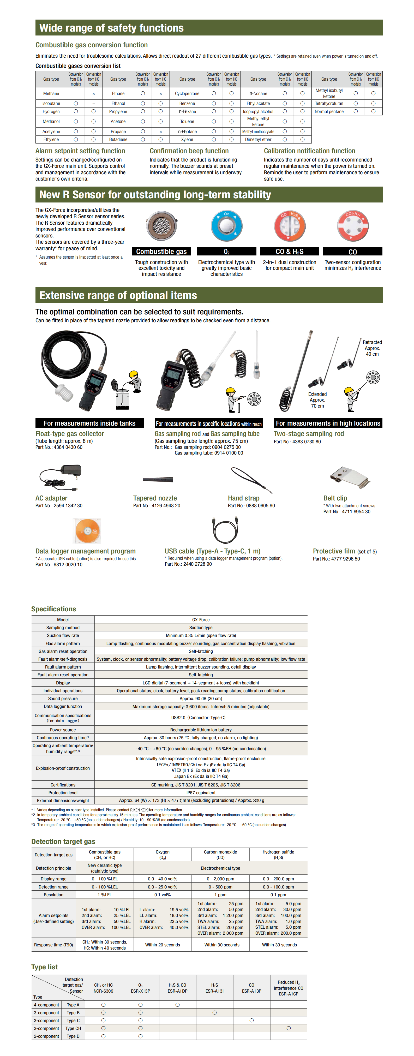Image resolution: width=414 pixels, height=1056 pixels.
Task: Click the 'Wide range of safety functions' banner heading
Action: [111, 28]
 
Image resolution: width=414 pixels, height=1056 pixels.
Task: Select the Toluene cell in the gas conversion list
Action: [187, 121]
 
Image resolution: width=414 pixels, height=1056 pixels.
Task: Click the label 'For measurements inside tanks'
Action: [89, 423]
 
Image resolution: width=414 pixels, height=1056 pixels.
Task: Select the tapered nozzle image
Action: [158, 480]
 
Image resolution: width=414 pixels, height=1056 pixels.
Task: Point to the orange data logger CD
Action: [87, 530]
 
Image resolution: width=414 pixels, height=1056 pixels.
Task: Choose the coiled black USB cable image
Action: [225, 530]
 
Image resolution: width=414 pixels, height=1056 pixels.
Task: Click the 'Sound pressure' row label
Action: [63, 699]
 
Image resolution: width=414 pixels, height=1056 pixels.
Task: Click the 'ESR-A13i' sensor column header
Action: [214, 988]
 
